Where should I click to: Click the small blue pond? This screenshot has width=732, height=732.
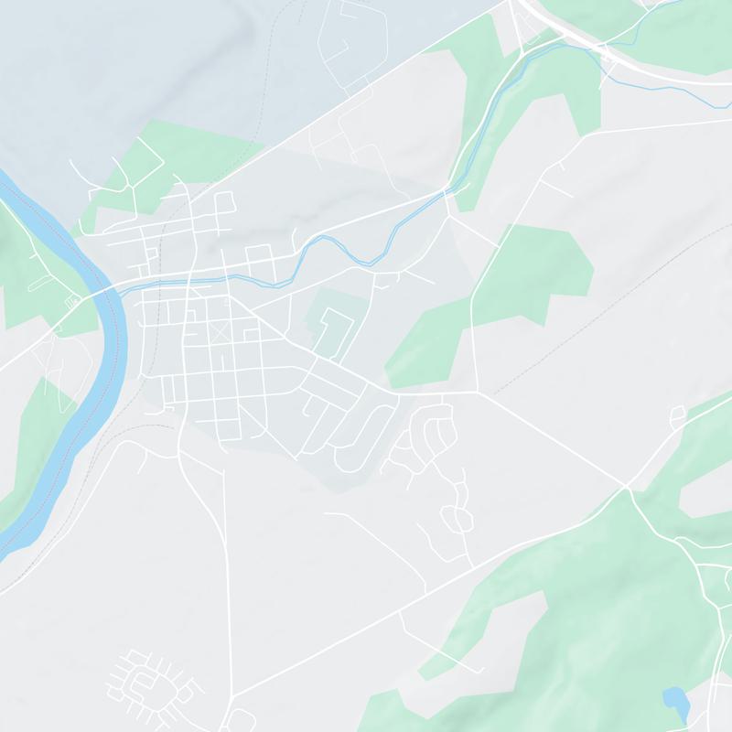675,701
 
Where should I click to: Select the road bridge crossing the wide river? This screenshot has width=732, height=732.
100,292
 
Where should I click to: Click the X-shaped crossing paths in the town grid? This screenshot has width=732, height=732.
220,332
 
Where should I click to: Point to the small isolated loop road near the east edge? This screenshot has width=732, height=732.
677,416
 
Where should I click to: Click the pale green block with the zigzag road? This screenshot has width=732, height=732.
331,325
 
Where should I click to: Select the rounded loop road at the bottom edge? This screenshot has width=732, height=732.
240,718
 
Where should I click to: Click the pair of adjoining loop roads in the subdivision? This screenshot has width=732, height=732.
455,518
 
